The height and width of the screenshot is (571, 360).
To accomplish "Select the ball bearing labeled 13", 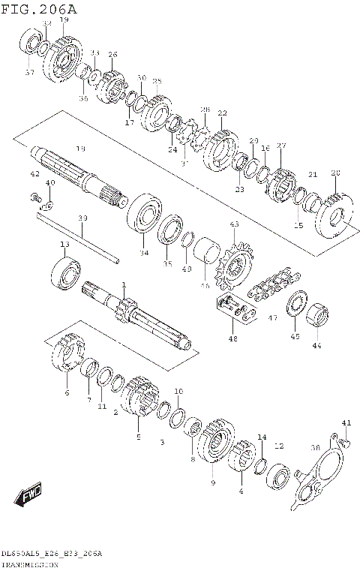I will point(66,272).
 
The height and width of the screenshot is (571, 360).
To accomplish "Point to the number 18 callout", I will point(80,149).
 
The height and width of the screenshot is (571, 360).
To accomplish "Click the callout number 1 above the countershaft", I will point(124,285).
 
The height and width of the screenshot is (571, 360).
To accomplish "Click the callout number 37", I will point(29,73).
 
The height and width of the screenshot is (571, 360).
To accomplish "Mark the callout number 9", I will point(213,482).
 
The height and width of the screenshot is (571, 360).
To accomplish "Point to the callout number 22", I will point(222,113).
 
